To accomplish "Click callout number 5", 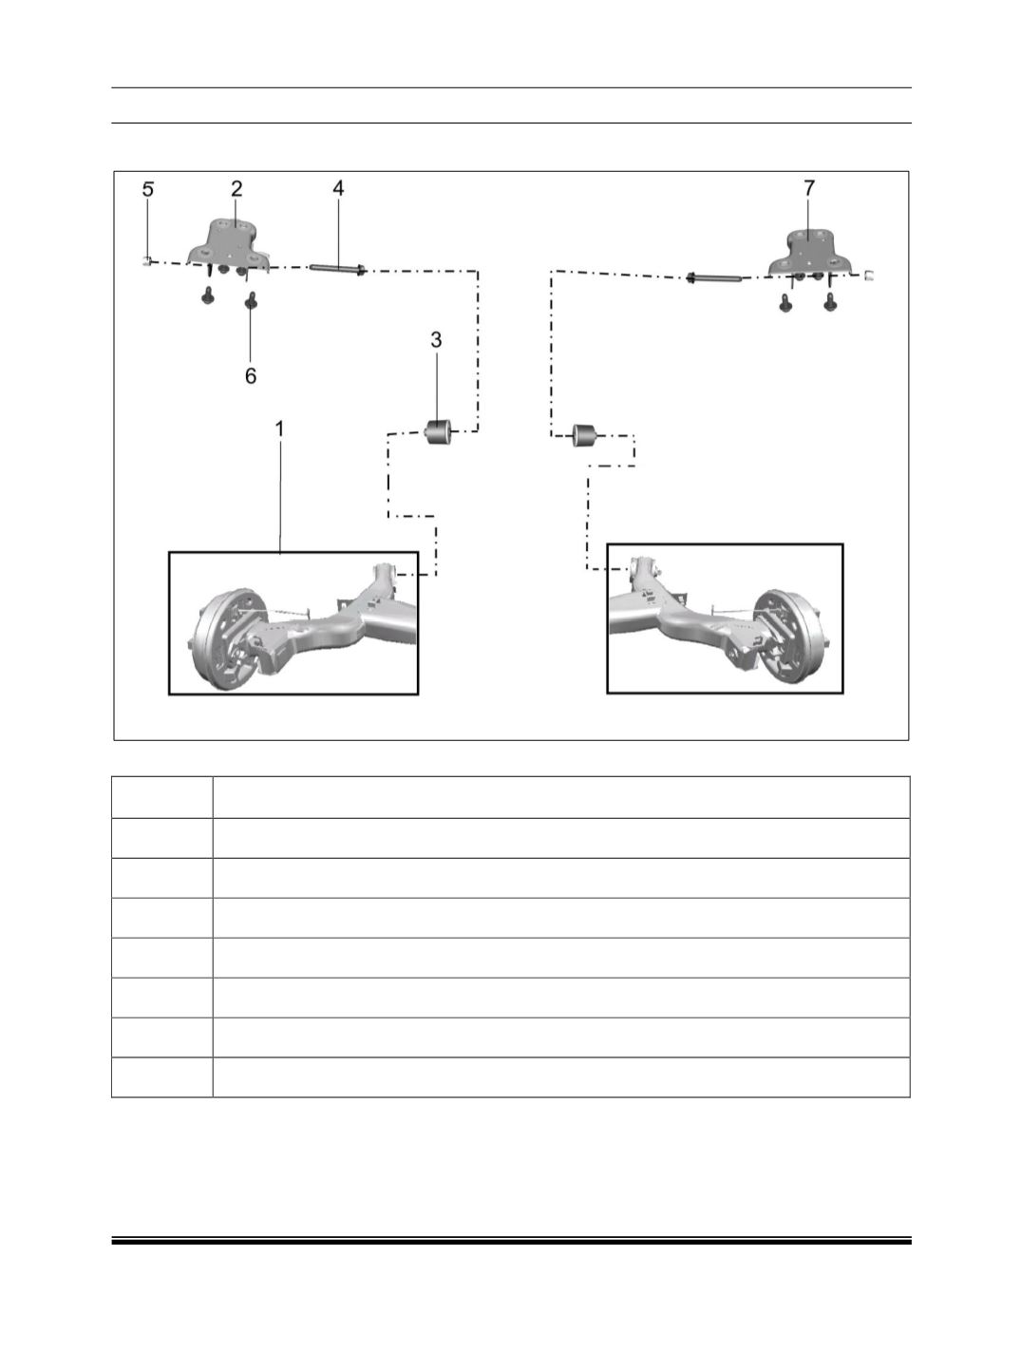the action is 147,189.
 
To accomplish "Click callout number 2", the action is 236,188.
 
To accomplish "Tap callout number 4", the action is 338,188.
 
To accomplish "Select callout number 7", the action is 809,187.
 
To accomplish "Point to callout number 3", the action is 436,339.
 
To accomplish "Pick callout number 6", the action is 251,375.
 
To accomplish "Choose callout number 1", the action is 280,429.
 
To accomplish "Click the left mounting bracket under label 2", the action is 230,246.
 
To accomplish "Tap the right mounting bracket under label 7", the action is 811,253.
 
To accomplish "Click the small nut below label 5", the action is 146,260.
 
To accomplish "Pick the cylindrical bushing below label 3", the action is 439,430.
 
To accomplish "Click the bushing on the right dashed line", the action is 585,434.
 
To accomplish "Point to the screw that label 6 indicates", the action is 251,301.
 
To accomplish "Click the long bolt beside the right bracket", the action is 713,278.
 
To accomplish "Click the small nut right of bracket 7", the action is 869,275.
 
